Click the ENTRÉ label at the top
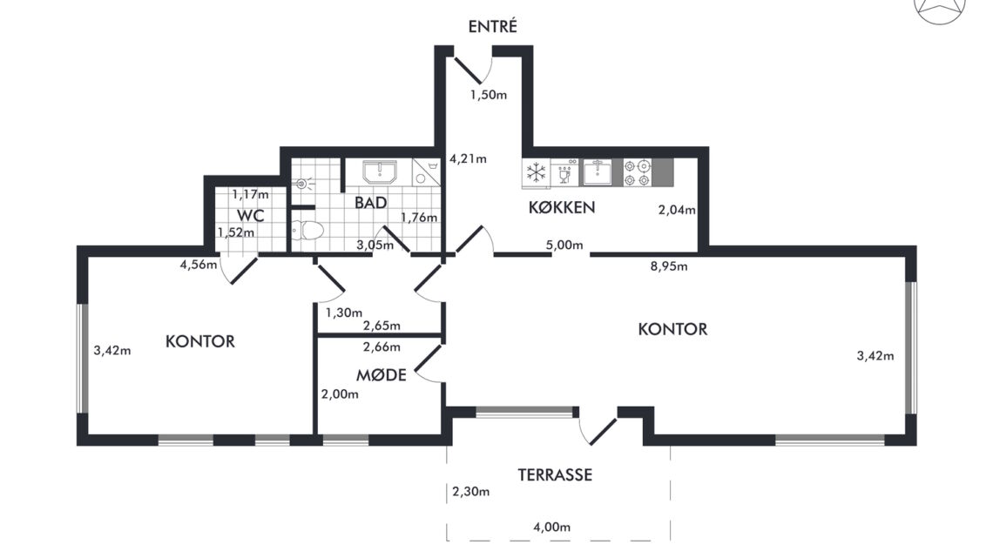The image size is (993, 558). point(493,26)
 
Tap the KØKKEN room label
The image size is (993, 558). point(562,207)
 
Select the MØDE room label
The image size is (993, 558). point(382,375)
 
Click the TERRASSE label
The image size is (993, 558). point(556,474)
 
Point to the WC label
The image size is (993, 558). point(251,216)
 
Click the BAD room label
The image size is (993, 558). point(370,203)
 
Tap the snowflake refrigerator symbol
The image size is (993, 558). point(537,172)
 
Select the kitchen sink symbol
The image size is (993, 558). point(598,172)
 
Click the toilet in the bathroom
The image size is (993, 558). point(308,230)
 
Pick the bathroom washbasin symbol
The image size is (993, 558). point(379,172)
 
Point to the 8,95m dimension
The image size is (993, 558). point(669,266)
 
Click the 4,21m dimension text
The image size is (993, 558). point(468,158)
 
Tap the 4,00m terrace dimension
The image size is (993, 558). point(551,527)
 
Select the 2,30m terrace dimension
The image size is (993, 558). point(470,492)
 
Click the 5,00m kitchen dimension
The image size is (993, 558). point(564,245)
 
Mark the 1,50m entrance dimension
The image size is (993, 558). point(489,95)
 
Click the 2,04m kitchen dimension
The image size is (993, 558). point(676,210)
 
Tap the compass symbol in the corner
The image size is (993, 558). point(941,8)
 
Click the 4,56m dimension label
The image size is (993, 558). point(199,265)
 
